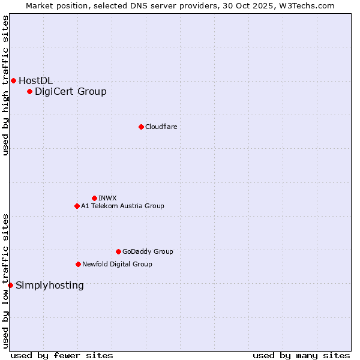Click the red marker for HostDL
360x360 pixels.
click(x=13, y=80)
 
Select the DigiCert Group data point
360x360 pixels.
click(x=29, y=91)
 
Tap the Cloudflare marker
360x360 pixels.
click(x=141, y=127)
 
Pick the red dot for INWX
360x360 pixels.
click(x=94, y=198)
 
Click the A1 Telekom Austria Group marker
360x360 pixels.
click(x=77, y=206)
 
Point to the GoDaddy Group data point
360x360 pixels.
click(x=118, y=251)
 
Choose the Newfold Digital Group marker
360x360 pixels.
click(x=78, y=264)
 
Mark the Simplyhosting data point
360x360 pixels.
click(x=10, y=285)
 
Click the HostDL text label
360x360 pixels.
click(x=35, y=80)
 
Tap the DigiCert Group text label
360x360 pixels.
click(x=70, y=91)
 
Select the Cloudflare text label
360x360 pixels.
click(x=161, y=127)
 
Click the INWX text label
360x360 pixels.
click(x=107, y=198)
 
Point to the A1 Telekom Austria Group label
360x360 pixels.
click(x=122, y=206)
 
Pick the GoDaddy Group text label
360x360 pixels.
click(x=148, y=251)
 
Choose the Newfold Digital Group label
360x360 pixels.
click(x=117, y=264)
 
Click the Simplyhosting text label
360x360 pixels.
click(x=49, y=285)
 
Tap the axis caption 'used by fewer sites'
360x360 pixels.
click(x=62, y=355)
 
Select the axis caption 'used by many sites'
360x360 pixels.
click(x=301, y=355)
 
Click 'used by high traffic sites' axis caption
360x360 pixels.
click(x=5, y=85)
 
